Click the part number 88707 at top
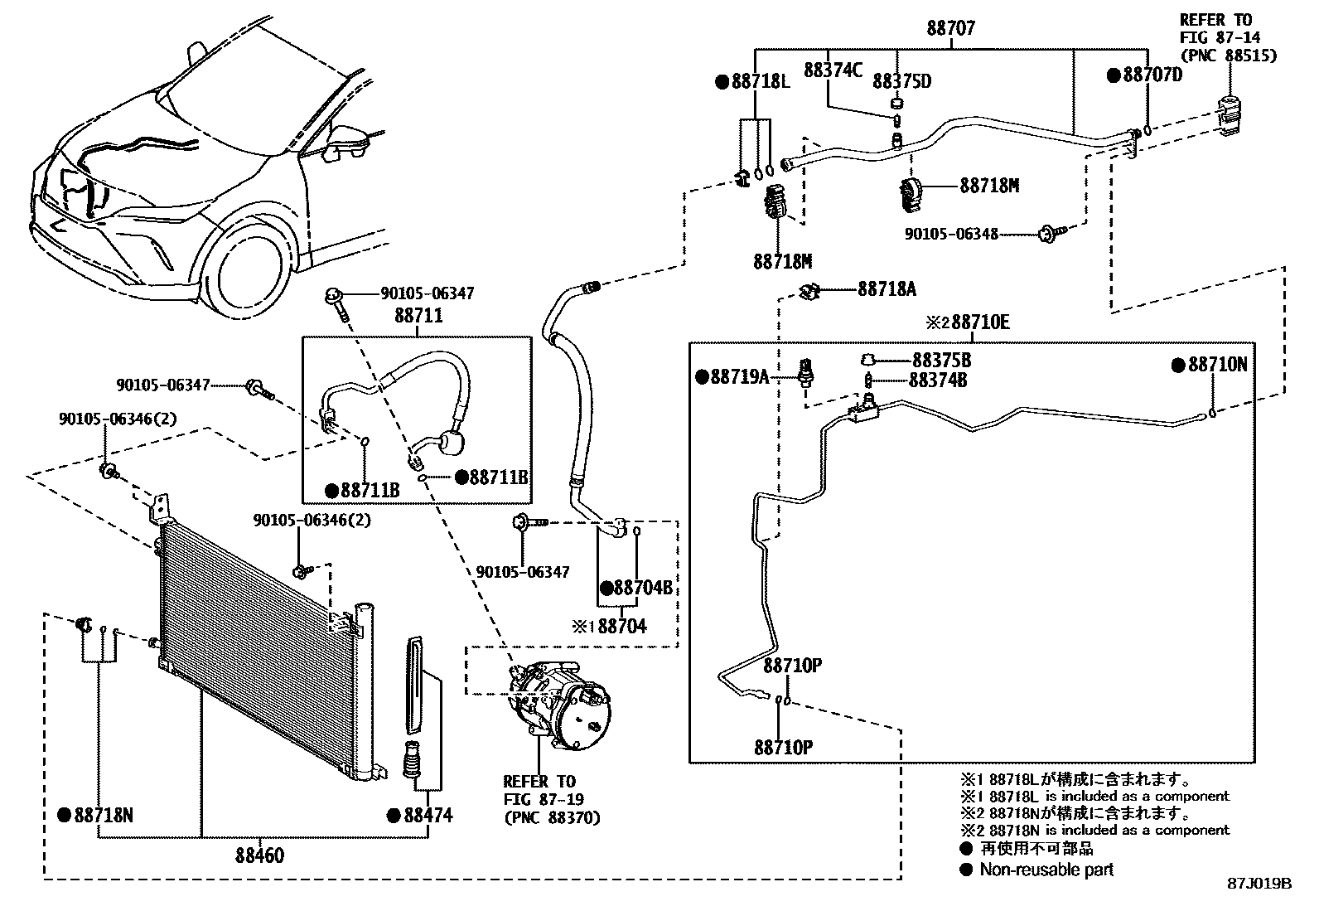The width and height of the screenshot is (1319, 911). [x=951, y=27]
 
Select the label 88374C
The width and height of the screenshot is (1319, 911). [x=833, y=70]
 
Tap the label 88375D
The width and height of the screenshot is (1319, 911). [x=902, y=81]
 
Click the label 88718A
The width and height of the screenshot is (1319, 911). [x=887, y=289]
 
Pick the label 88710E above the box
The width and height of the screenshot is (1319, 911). [x=980, y=322]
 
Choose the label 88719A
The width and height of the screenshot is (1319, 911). [x=740, y=376]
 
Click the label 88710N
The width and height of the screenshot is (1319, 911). [x=1218, y=365]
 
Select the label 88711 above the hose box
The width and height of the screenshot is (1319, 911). [x=418, y=315]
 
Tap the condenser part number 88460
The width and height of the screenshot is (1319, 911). [x=259, y=855]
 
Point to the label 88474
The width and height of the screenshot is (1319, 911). [x=428, y=816]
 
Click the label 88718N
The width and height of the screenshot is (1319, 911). [x=104, y=816]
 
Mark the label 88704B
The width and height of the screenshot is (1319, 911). [x=643, y=588]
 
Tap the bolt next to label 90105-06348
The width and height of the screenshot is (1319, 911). [x=1050, y=234]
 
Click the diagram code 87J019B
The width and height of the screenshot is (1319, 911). [x=1259, y=884]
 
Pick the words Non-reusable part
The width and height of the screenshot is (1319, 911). [x=1046, y=870]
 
